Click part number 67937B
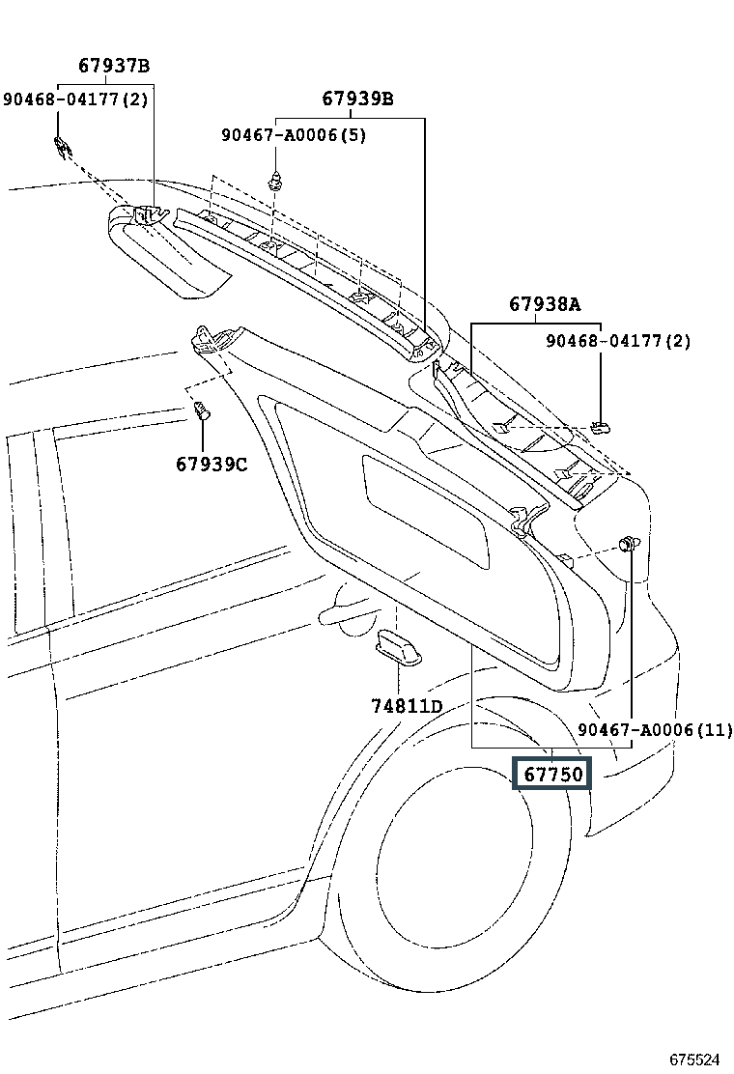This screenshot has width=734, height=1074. click(x=114, y=66)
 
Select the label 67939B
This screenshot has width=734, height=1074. click(x=358, y=99)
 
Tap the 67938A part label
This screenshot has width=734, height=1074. click(x=545, y=304)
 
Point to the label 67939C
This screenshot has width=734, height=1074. click(x=212, y=465)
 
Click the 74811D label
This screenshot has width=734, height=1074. click(x=407, y=705)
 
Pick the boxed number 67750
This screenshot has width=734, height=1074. click(x=552, y=775)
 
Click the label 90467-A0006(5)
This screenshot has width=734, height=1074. click(x=294, y=135)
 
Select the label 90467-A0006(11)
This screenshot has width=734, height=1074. click(x=655, y=730)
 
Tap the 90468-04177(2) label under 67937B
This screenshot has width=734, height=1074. click(x=75, y=99)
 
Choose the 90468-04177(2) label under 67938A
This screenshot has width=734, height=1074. click(x=618, y=340)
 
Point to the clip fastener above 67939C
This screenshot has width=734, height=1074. click(x=202, y=411)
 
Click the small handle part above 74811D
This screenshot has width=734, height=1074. click(x=399, y=647)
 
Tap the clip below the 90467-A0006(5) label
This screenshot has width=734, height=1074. click(x=275, y=181)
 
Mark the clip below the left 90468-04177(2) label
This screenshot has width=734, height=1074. click(x=63, y=146)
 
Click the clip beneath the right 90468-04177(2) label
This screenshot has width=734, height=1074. click(x=601, y=428)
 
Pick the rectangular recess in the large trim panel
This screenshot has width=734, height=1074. click(x=426, y=511)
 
